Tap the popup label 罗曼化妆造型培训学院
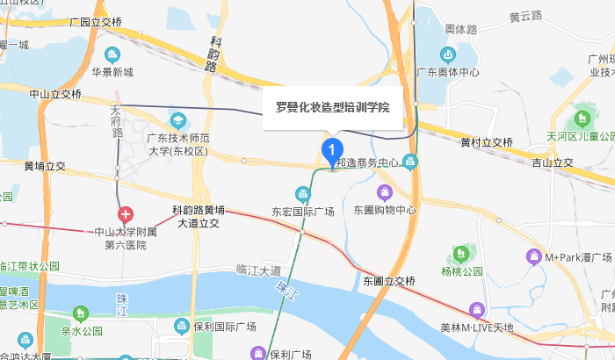coord(333,108)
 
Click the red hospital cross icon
coord(127,214)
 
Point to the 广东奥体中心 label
coord(448,72)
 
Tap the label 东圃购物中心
coord(384,211)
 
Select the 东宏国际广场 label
coord(303,212)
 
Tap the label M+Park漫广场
coord(577,257)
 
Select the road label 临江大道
coord(259,269)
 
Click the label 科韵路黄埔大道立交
coord(198,217)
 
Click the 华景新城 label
coord(112,72)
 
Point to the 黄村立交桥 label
coord(486,142)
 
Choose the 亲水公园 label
coord(81,331)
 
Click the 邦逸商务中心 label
coord(368,163)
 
